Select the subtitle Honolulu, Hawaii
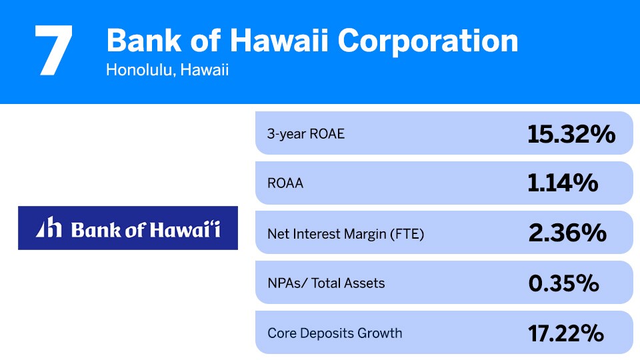coord(167,70)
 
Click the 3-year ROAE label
coord(306,133)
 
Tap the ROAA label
coord(285,183)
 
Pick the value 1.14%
coord(563,183)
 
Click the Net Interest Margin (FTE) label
coord(345,233)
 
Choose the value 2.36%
coord(567,233)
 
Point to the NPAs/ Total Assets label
coord(326,283)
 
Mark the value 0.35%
coord(564,283)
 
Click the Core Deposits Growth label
coord(335,333)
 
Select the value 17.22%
coord(566,333)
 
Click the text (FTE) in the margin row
coord(407,233)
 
